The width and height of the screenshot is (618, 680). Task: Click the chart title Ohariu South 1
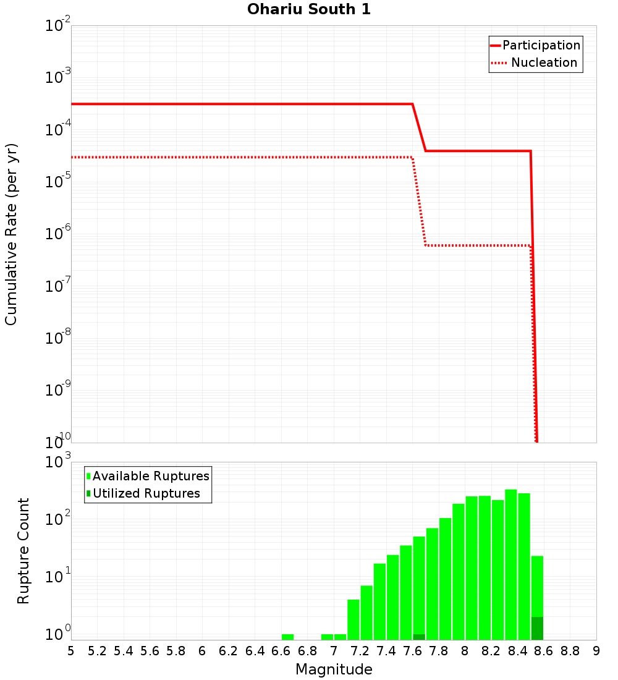click(309, 9)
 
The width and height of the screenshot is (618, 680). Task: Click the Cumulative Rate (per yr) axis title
click(11, 234)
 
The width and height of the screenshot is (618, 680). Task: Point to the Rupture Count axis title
click(23, 550)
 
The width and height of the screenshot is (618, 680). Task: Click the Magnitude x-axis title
click(334, 669)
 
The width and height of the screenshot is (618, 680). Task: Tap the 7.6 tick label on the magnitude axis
click(412, 650)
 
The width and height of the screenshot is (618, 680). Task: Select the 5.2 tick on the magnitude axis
click(97, 650)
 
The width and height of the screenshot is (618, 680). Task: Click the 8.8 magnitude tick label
click(570, 650)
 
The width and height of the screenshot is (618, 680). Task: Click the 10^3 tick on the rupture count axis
click(59, 462)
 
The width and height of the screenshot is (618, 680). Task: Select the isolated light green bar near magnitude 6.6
click(287, 637)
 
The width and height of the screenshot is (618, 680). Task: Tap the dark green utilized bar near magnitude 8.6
click(537, 628)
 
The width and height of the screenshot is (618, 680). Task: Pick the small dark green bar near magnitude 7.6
click(419, 637)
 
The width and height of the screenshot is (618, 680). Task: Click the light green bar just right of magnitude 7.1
click(353, 619)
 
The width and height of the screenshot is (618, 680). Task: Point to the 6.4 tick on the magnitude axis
click(255, 650)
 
